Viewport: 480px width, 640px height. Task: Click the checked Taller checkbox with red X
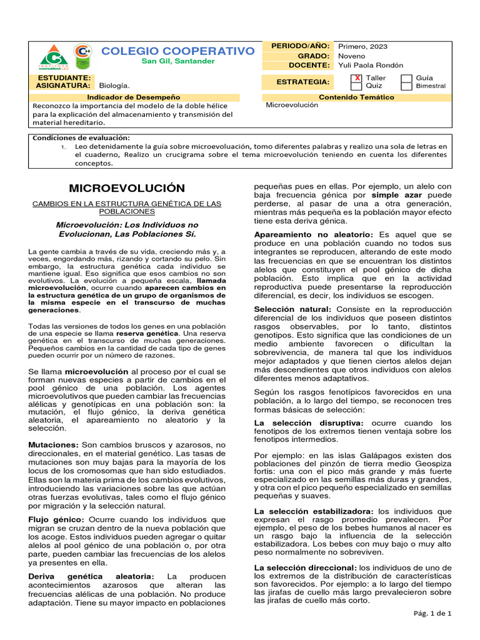click(x=357, y=78)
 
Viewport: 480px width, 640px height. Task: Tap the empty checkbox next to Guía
click(x=406, y=78)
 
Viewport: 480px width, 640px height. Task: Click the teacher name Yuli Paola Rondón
click(x=371, y=65)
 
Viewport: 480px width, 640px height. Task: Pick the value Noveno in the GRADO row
click(x=351, y=56)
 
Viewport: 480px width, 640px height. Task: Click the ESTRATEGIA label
click(x=303, y=82)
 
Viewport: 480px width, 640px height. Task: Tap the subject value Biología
click(x=115, y=85)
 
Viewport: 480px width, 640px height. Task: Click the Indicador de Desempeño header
click(x=133, y=97)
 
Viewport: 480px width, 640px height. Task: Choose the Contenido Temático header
click(x=356, y=97)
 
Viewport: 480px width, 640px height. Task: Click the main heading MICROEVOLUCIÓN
click(x=127, y=188)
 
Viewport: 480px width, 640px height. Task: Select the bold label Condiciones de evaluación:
click(x=81, y=137)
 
